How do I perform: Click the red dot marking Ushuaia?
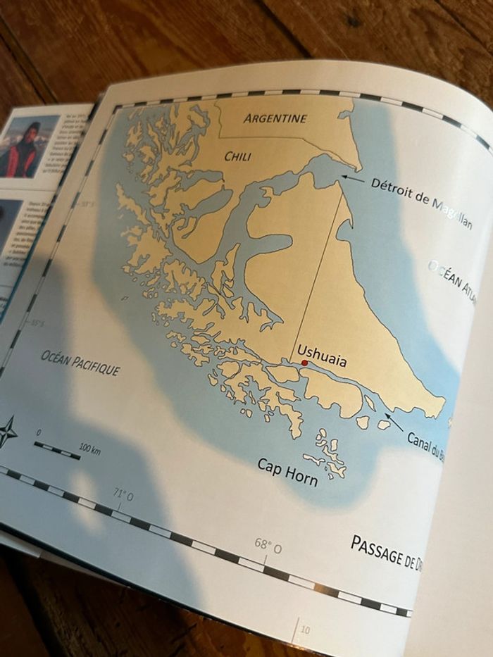pos(304,363)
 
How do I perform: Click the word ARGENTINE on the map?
pos(275,118)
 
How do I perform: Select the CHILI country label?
pos(237,156)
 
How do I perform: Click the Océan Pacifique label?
pos(80,362)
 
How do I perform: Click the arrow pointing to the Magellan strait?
pos(352,179)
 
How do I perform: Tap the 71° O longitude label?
pos(125,496)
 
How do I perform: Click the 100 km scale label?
pos(89,449)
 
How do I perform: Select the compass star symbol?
pos(7,431)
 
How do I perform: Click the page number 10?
pos(304,630)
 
